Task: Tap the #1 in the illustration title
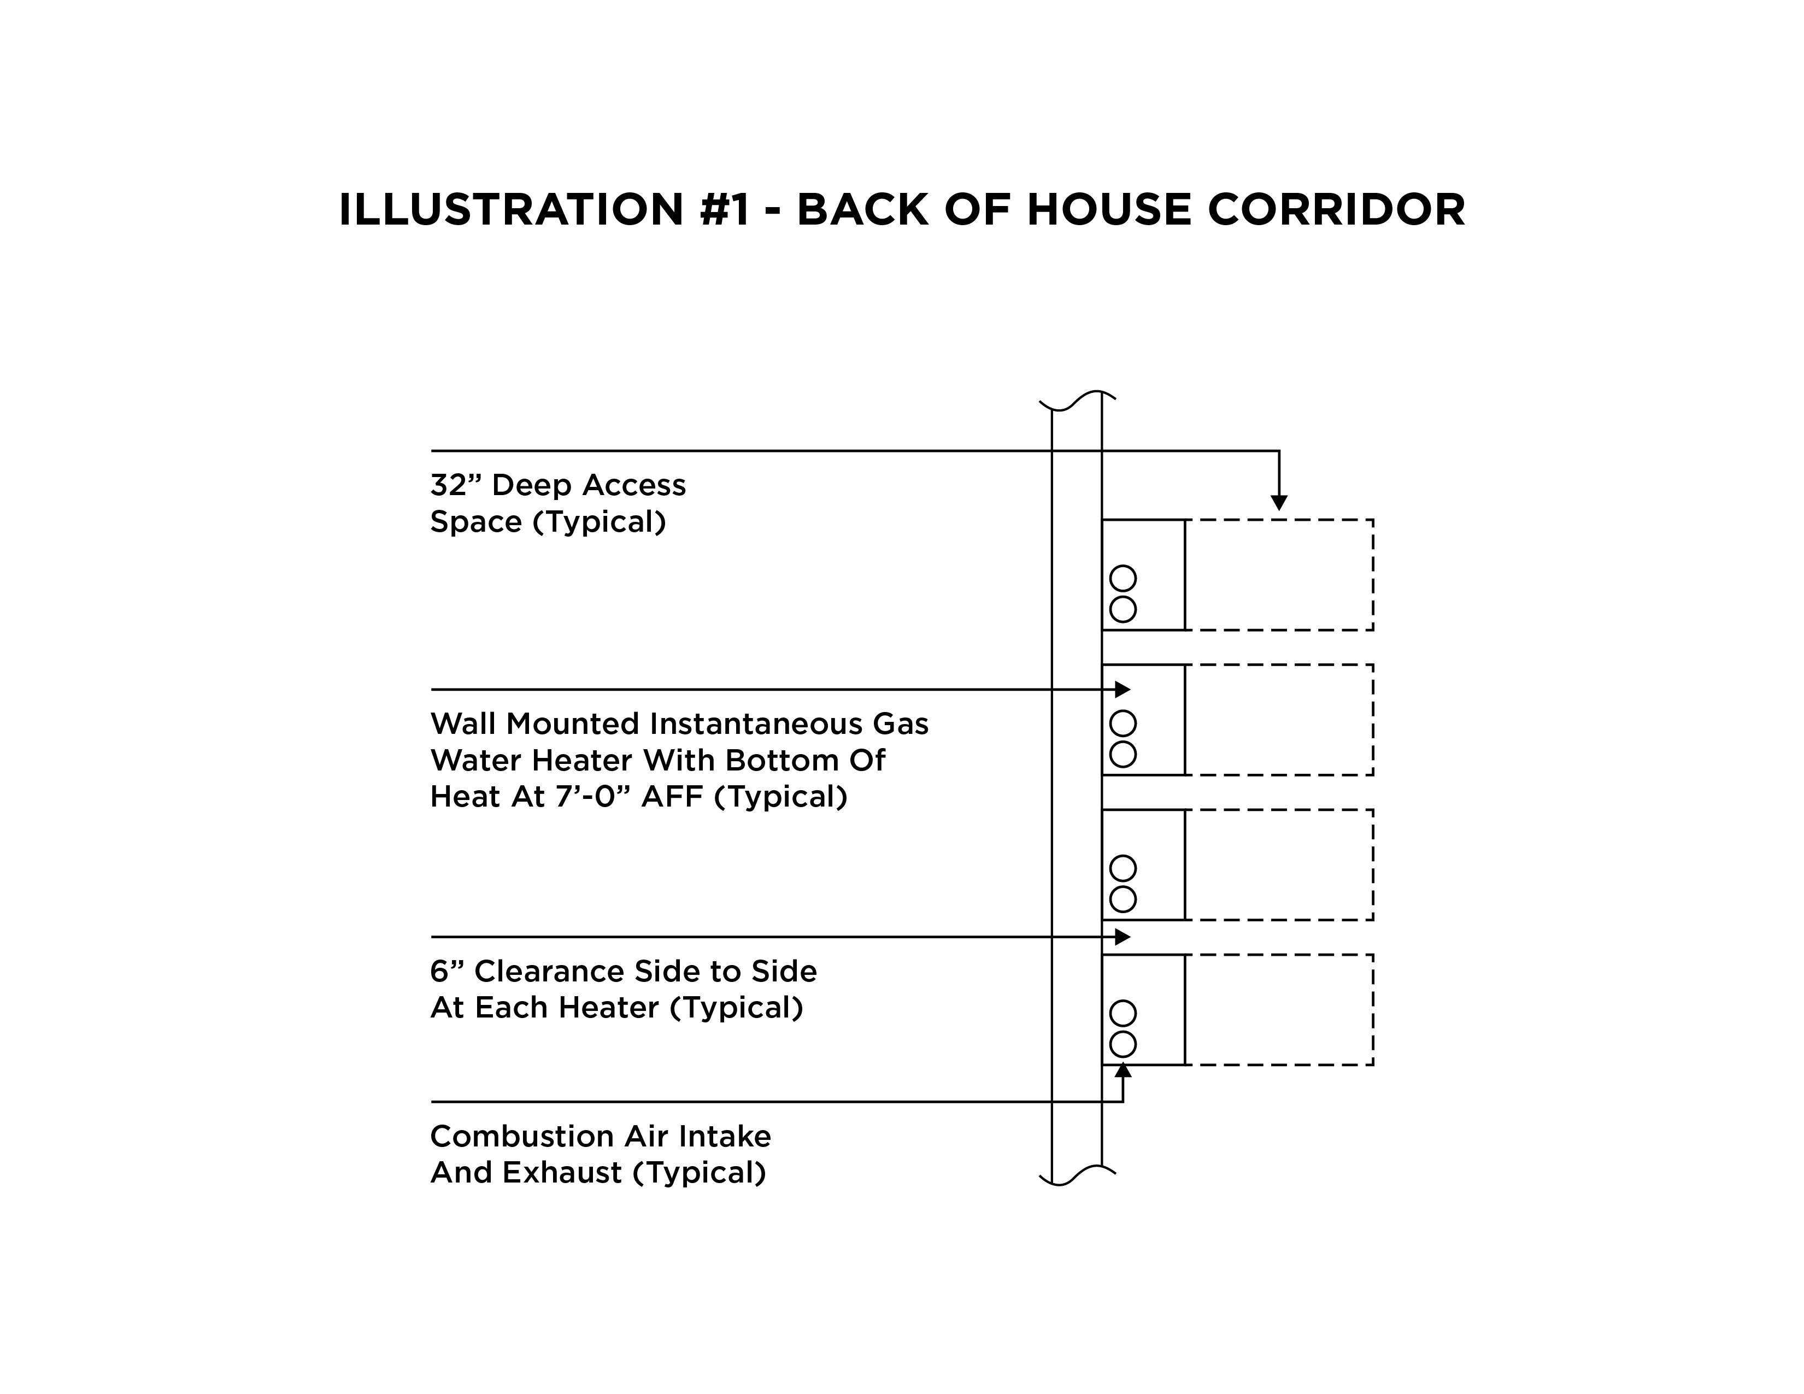[x=725, y=210]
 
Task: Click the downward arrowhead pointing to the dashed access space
[x=1279, y=502]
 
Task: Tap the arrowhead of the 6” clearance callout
[x=1123, y=937]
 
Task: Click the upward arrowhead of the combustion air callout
[x=1123, y=1071]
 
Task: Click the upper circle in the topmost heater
[x=1123, y=578]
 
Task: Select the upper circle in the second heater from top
[x=1123, y=724]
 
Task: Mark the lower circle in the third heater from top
[x=1123, y=899]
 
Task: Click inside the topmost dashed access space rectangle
[x=1279, y=575]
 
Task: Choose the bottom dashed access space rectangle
[x=1279, y=1009]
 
